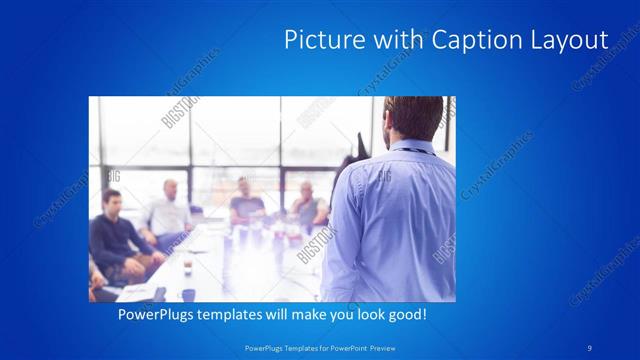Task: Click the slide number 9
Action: point(589,347)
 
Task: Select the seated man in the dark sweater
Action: point(114,236)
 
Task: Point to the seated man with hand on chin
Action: point(305,205)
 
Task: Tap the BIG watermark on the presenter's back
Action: point(383,176)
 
